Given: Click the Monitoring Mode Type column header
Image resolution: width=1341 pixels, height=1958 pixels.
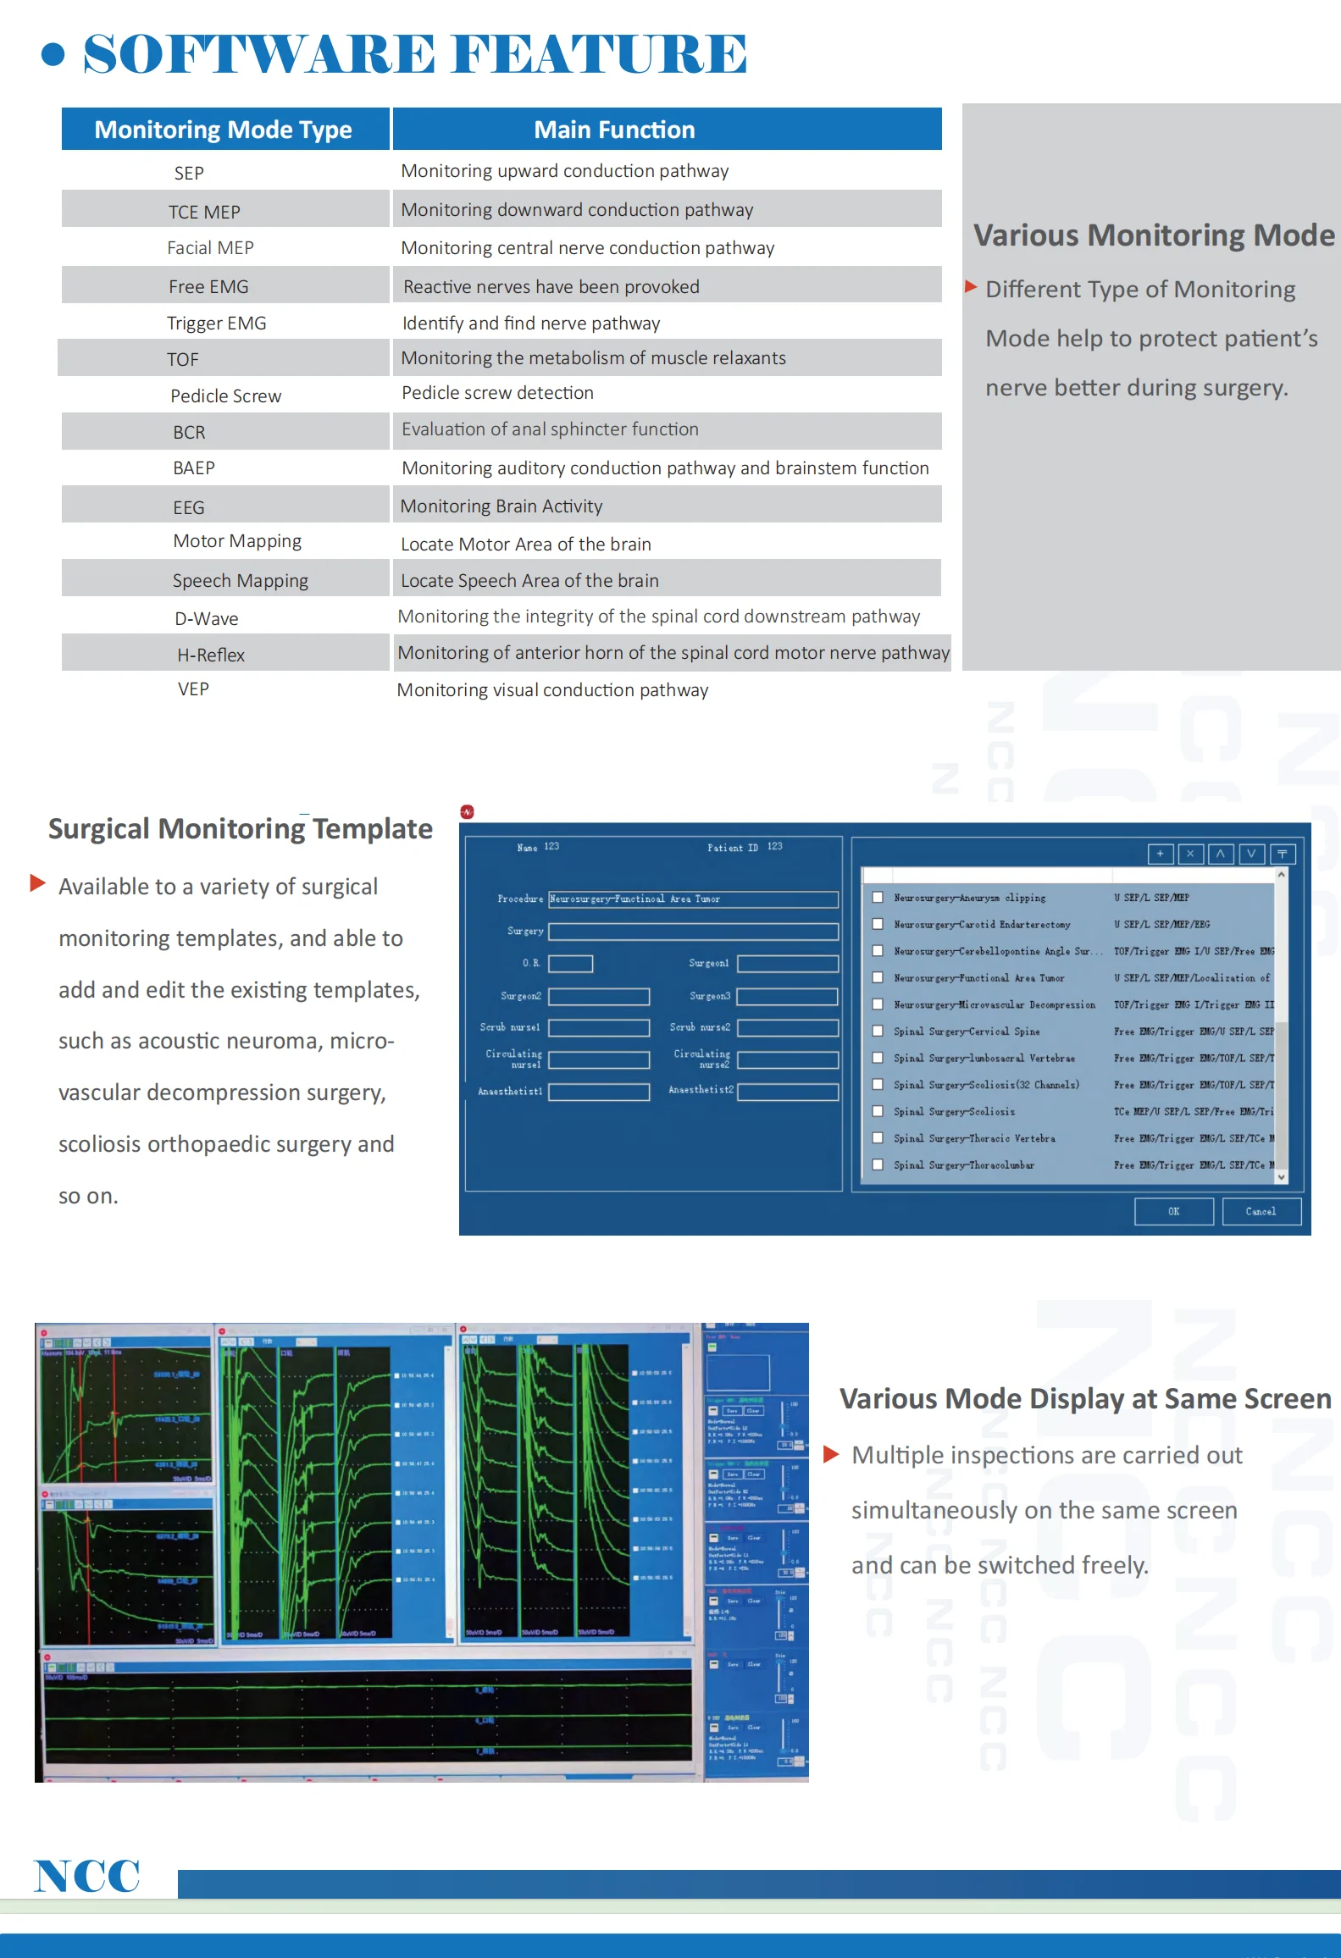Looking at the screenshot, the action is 224,130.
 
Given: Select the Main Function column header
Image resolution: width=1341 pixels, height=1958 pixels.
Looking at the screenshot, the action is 614,130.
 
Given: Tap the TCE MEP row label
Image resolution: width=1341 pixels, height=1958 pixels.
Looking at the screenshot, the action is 204,212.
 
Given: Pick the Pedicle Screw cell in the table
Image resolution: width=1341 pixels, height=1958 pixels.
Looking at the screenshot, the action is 225,395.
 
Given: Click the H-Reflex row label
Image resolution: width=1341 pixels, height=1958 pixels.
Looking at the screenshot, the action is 211,655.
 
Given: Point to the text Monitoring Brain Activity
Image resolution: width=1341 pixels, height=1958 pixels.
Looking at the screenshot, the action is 501,506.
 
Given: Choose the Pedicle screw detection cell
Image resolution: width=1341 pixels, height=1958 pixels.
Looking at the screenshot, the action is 497,393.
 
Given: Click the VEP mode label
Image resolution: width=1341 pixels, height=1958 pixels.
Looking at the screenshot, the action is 193,689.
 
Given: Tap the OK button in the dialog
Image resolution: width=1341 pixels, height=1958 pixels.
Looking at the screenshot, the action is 1173,1211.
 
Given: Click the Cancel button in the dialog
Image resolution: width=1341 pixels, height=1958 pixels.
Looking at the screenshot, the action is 1261,1211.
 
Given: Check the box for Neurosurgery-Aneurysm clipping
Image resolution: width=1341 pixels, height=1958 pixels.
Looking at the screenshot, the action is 878,897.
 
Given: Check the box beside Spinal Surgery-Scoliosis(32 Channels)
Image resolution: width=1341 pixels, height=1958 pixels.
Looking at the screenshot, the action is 878,1085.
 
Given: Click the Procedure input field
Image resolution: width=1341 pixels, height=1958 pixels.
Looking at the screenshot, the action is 693,899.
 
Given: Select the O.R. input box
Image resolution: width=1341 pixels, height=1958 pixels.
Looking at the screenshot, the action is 570,964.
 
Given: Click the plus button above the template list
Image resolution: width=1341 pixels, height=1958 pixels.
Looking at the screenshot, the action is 1160,854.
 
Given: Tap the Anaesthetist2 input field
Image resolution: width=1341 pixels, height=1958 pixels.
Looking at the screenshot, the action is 787,1092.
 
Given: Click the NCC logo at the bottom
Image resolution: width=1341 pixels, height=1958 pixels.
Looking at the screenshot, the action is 87,1876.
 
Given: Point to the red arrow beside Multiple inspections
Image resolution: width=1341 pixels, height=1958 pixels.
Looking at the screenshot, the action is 831,1455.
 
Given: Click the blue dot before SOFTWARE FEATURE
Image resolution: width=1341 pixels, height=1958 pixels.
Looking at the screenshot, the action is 53,54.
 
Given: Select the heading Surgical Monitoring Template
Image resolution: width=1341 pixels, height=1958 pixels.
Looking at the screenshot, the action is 241,828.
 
